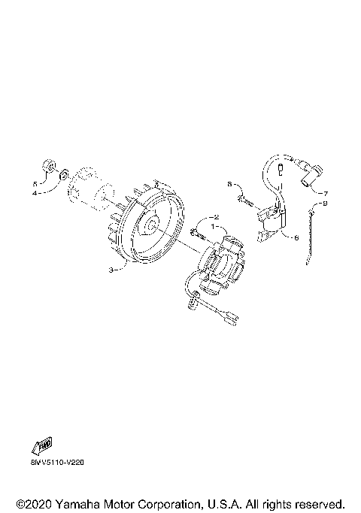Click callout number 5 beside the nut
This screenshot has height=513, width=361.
[34, 183]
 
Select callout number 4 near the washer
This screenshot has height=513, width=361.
[34, 193]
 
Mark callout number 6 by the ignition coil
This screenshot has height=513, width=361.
[296, 237]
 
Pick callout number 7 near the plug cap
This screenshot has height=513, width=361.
[325, 192]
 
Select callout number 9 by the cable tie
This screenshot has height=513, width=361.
[325, 203]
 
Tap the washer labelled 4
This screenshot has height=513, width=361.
[63, 175]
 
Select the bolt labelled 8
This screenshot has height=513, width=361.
[242, 199]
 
